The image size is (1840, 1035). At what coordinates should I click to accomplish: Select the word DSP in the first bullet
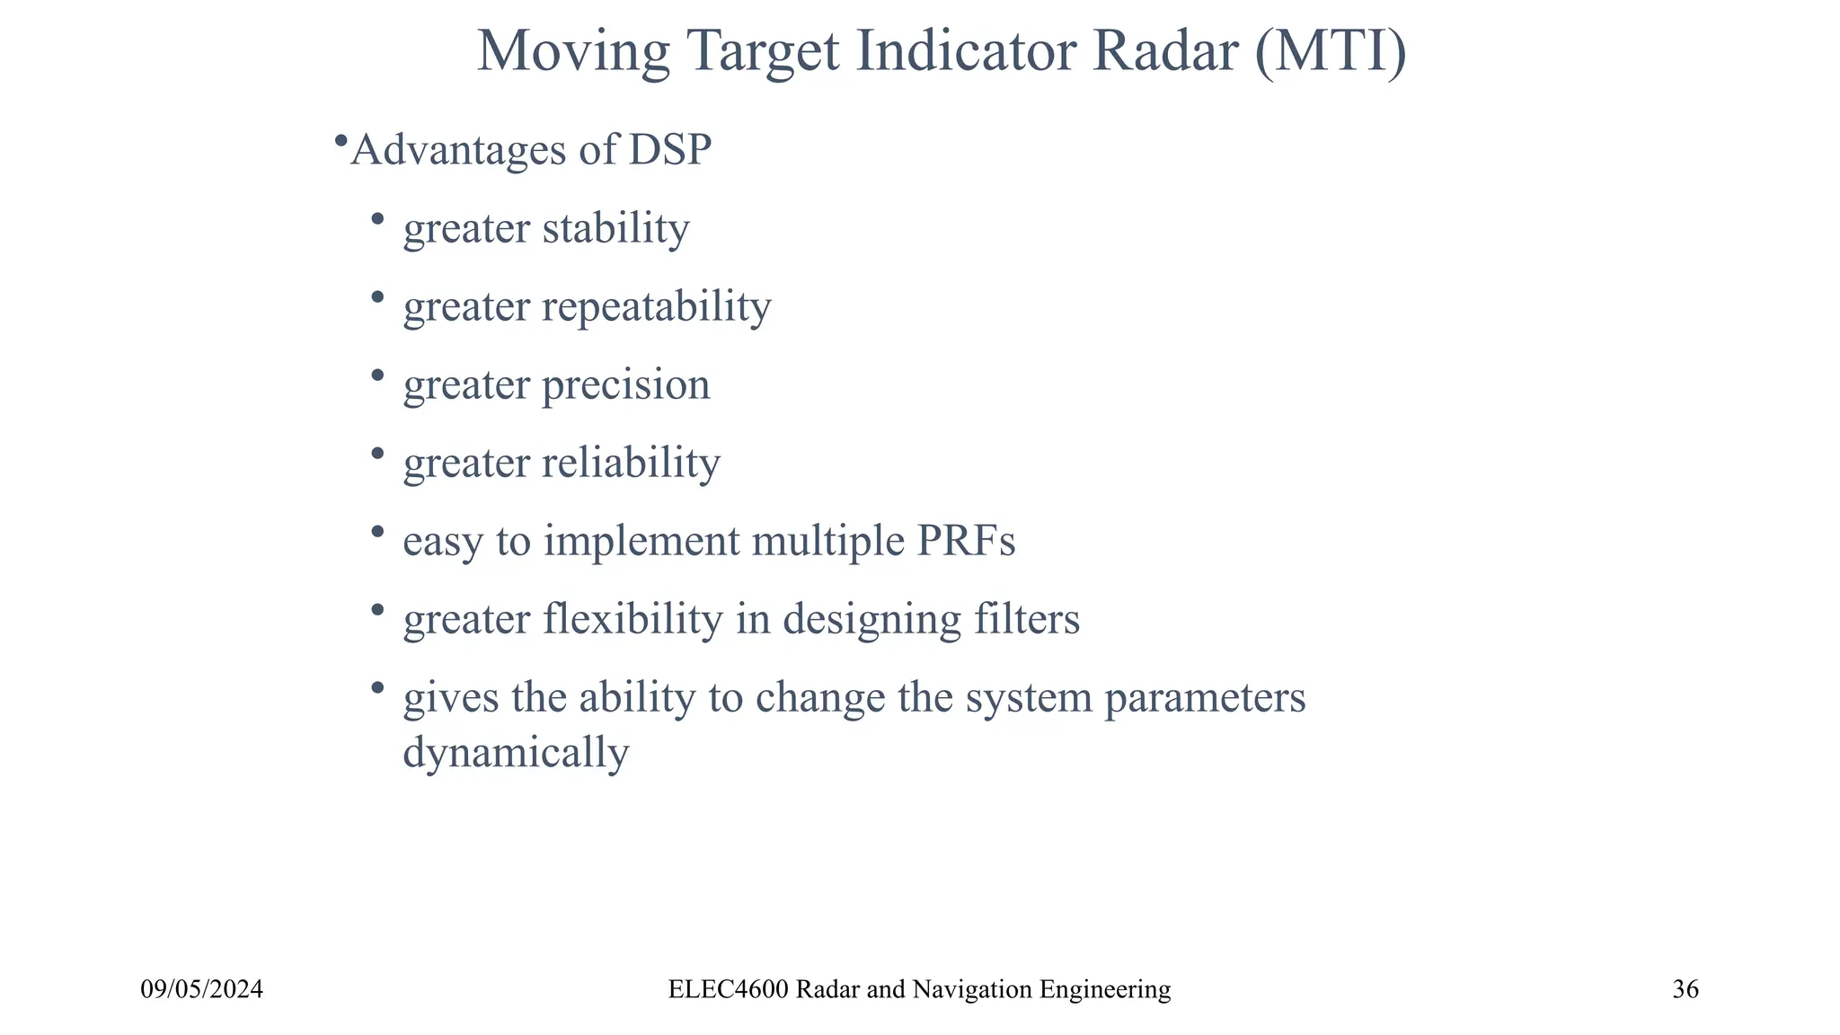pos(669,149)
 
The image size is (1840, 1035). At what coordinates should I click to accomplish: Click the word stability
pos(616,227)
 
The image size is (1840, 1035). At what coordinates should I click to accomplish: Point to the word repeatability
pos(657,306)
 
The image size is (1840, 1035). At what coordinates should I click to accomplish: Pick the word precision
pos(626,385)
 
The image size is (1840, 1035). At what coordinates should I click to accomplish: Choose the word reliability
pos(632,463)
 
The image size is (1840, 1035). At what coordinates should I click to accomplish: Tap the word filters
pos(1028,619)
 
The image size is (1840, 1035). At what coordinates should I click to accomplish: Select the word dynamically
pos(516,753)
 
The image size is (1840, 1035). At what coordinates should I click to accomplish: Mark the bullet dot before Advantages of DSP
pos(341,141)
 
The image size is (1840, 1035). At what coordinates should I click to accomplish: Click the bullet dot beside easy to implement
pos(377,532)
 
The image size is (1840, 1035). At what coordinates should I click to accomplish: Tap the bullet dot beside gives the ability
pos(377,688)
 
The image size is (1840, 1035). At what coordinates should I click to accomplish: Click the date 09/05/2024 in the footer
pos(202,990)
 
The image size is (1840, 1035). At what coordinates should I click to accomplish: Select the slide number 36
pos(1685,990)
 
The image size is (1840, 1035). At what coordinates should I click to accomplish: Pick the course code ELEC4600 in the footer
pos(729,990)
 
